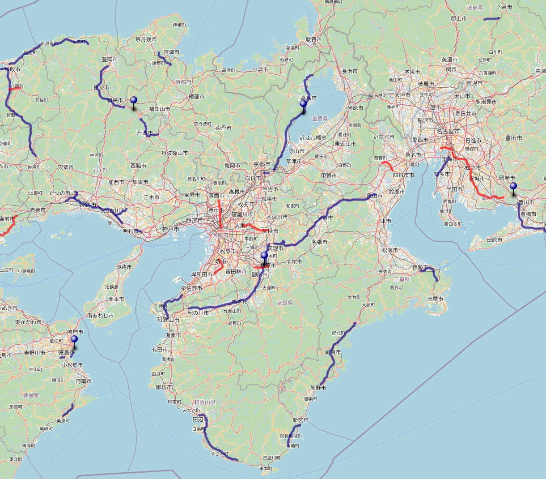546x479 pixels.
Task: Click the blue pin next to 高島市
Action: pos(303,104)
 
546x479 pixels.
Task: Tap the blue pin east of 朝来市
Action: pos(134,100)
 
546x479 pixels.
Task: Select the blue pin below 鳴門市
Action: pos(74,339)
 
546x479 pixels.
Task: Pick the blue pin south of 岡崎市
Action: pos(513,186)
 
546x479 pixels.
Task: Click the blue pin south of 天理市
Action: pos(264,256)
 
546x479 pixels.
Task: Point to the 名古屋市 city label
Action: pos(448,132)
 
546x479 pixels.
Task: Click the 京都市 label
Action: pos(262,164)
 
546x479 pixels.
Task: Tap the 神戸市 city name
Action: pos(170,229)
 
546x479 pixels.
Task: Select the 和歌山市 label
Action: pos(168,320)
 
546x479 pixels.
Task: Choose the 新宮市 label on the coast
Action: pos(301,420)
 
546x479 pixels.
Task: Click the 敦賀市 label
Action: pos(313,39)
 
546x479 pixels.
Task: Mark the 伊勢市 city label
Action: pos(420,268)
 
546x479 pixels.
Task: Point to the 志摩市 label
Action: pos(435,299)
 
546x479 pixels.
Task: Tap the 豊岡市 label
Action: pos(110,59)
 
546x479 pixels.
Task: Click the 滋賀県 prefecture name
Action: pos(320,119)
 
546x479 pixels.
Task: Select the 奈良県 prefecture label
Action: pos(284,303)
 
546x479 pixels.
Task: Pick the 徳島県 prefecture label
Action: pos(31,395)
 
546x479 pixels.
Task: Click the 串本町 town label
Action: pos(266,468)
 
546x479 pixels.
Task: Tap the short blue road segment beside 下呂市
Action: pos(492,19)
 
